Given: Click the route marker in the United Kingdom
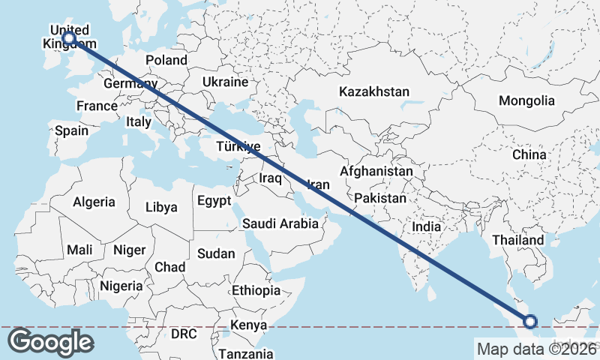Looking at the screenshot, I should [69, 37].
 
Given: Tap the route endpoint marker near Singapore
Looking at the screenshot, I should [530, 322].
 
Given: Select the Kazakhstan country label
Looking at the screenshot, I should [374, 91].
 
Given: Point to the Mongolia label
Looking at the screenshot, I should [526, 100].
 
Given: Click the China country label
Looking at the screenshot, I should [529, 154].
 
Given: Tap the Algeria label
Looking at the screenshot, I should [94, 202].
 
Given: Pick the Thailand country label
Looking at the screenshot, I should [518, 240].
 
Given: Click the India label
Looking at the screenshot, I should [426, 226].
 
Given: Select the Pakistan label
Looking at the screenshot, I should [380, 199].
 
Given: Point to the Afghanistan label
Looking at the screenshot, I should [376, 172].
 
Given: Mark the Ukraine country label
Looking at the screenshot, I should [225, 82].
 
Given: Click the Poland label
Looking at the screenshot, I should [166, 60].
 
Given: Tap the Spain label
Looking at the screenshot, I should [71, 130].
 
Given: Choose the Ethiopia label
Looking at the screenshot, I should [256, 290].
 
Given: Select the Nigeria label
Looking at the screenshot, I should [121, 286].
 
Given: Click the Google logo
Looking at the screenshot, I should [51, 341].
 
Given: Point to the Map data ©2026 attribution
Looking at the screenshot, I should [536, 349].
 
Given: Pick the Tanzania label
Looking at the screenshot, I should [246, 354].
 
